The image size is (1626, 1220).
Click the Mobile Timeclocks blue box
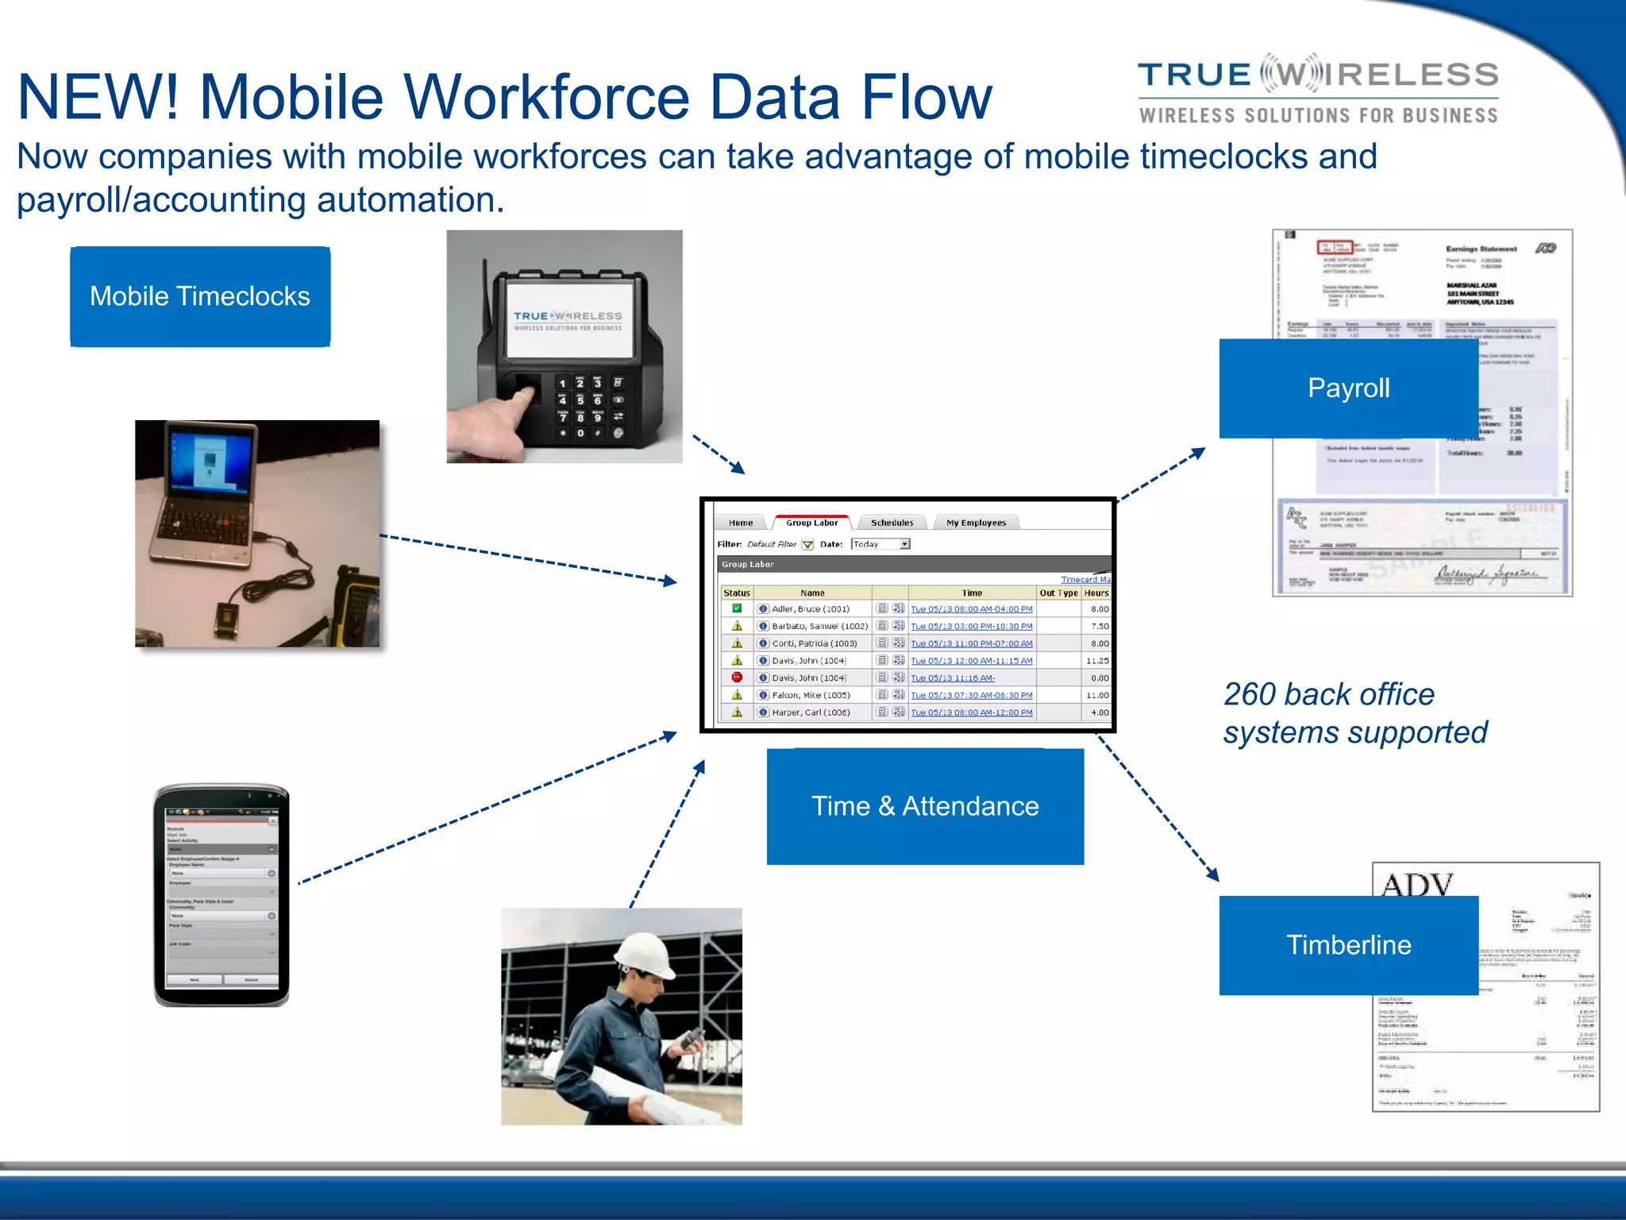[200, 296]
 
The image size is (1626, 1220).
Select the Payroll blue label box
[1348, 388]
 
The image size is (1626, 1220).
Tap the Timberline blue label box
[1348, 945]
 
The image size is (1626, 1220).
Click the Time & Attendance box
[925, 806]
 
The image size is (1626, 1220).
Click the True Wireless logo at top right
[1318, 91]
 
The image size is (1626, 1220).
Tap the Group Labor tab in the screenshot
[811, 523]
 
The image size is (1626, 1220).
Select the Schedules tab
[892, 523]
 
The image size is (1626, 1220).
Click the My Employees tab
[976, 523]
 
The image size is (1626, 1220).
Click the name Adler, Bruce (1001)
[811, 609]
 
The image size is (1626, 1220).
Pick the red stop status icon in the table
[737, 678]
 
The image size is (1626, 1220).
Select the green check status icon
[737, 609]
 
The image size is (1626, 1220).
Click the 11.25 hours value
[1097, 661]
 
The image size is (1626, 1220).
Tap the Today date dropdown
[880, 544]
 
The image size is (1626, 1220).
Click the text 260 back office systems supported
[1354, 713]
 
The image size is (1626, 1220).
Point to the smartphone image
[222, 896]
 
